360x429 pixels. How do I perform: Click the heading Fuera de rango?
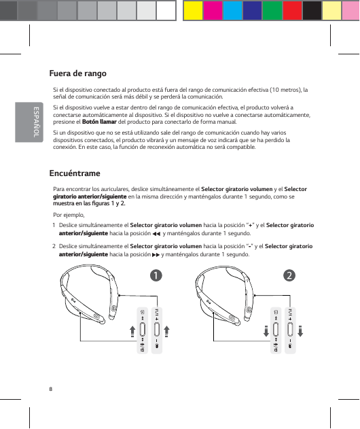[77, 73]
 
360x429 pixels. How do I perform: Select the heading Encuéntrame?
[75, 173]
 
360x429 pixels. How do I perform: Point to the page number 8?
[50, 388]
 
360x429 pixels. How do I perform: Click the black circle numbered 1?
[156, 275]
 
